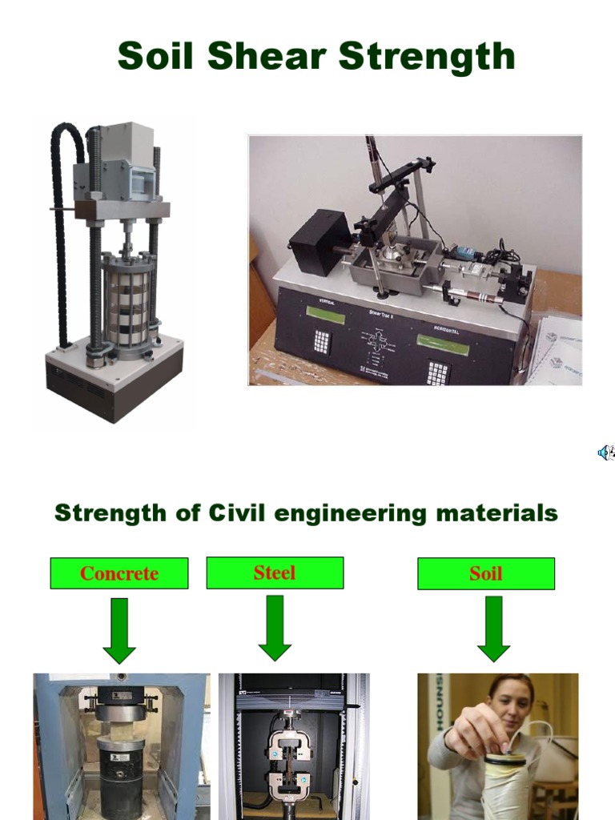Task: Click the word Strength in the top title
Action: coord(427,58)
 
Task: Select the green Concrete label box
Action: coord(119,573)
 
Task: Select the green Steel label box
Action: coord(275,573)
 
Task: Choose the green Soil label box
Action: coord(486,573)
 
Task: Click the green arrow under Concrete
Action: coord(119,631)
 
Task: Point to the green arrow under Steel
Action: coord(275,629)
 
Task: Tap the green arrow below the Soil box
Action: coord(493,629)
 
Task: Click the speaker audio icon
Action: coord(605,453)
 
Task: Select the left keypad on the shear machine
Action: coord(322,341)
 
